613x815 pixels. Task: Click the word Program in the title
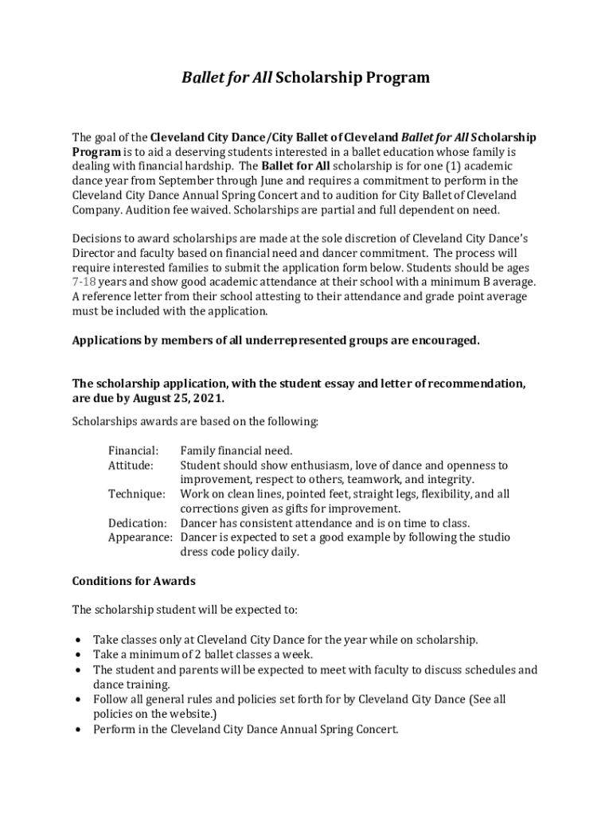398,78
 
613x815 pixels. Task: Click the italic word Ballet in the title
201,78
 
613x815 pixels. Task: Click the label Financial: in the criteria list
133,450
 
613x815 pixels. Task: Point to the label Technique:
136,494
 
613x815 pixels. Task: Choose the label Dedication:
137,523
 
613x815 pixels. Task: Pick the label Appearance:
140,537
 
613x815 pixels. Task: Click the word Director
96,253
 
